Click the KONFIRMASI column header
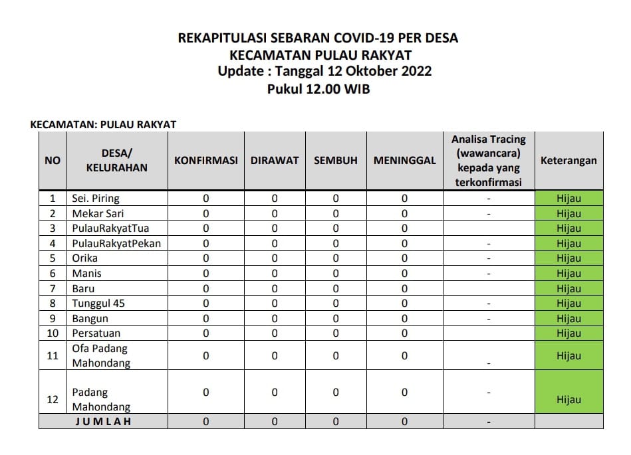205,161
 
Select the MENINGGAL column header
404,161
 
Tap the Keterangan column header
568,161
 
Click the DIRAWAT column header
275,161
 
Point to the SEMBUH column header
335,161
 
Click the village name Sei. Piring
96,199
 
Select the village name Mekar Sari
98,214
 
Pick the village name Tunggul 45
98,304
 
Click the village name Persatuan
96,333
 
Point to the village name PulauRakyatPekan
116,243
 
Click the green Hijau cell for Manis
568,274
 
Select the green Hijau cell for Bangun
568,319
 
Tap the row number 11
53,356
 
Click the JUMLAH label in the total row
103,421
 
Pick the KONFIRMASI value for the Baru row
205,289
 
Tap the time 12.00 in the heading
323,88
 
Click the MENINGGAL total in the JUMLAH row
404,421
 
